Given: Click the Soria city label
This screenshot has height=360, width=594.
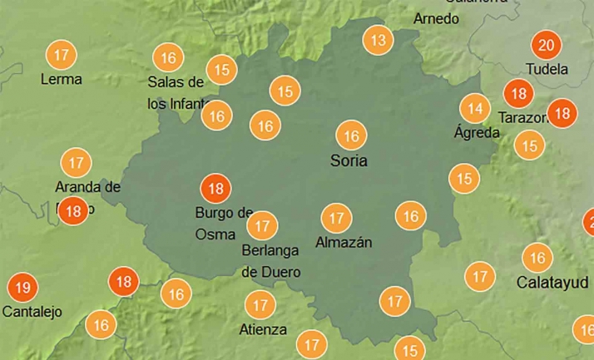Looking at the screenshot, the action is pyautogui.click(x=349, y=160).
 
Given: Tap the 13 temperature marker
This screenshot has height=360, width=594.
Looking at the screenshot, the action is pyautogui.click(x=379, y=40).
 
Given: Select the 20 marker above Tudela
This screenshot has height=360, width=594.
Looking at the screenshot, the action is pyautogui.click(x=547, y=46).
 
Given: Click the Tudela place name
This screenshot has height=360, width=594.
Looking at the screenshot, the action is pyautogui.click(x=547, y=69).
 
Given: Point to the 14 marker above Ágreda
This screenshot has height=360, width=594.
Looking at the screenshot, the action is pyautogui.click(x=475, y=108).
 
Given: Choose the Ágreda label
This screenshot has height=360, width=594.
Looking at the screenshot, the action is pyautogui.click(x=477, y=131).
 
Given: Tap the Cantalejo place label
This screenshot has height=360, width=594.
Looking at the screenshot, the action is pyautogui.click(x=32, y=312).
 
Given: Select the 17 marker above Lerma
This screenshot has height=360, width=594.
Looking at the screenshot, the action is pyautogui.click(x=61, y=57).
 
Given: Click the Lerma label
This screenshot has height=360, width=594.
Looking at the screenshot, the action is pyautogui.click(x=62, y=80).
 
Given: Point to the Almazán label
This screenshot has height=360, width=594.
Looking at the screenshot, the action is pyautogui.click(x=344, y=243).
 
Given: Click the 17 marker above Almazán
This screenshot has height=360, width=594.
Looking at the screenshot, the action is pyautogui.click(x=336, y=219).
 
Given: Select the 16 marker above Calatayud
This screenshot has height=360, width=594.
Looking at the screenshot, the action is pyautogui.click(x=537, y=258).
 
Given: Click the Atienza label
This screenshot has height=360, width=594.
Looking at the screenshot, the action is pyautogui.click(x=262, y=328).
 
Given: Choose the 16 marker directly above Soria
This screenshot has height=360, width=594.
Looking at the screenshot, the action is pyautogui.click(x=351, y=135).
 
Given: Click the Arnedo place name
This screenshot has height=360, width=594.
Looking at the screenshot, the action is pyautogui.click(x=436, y=18).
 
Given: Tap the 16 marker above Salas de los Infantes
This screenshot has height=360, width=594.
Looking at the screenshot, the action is pyautogui.click(x=169, y=58).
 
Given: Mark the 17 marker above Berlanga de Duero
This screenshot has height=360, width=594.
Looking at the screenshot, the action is pyautogui.click(x=262, y=224).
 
